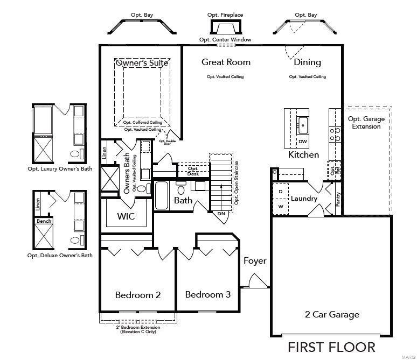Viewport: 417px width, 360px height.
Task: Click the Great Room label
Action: pos(226,62)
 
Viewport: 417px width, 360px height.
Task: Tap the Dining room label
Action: pos(307,62)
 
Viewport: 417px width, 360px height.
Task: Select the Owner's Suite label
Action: pos(142,63)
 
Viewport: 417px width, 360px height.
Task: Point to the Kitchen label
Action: pos(303,154)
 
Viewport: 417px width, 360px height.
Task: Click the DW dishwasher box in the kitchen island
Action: pos(303,142)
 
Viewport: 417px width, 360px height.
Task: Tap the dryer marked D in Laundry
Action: pos(281,192)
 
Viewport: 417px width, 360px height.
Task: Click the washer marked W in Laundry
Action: pos(281,206)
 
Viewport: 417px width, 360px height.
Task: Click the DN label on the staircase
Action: pos(221,214)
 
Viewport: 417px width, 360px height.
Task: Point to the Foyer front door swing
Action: pos(256,281)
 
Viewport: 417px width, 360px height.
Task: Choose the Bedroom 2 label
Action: pos(138,295)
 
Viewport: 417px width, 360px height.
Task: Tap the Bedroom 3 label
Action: pos(207,294)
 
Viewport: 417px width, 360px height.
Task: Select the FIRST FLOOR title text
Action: pos(331,346)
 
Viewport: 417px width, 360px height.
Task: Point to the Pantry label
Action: pos(338,199)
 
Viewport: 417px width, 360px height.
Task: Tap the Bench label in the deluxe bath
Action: pos(44,221)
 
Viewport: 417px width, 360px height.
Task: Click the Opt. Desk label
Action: pos(193,171)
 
